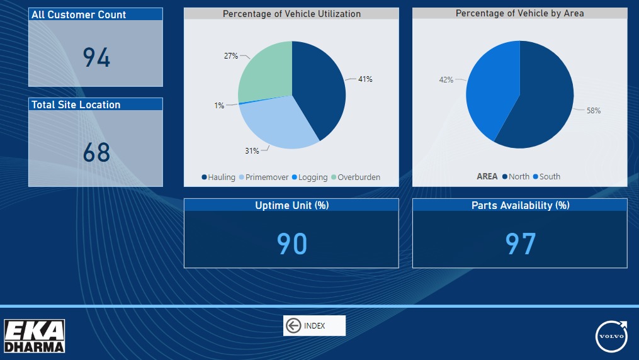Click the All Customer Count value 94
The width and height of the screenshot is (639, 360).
[x=96, y=57]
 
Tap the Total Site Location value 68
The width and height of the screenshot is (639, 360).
[x=96, y=152]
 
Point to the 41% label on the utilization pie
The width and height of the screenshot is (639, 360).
[x=365, y=79]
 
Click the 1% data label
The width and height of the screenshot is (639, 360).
[x=219, y=106]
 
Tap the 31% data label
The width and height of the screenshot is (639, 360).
[x=252, y=150]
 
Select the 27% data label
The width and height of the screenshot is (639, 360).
[x=230, y=56]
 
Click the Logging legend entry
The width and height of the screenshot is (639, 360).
[x=310, y=177]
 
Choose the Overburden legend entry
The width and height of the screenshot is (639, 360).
[x=356, y=177]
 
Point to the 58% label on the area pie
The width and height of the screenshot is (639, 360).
[x=593, y=110]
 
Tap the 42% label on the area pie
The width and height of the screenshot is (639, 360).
[x=446, y=80]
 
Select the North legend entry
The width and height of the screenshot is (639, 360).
[x=516, y=176]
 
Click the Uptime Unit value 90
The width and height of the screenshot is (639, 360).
[x=291, y=244]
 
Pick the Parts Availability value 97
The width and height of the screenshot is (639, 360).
[x=521, y=244]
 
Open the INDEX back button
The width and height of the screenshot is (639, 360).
[x=314, y=326]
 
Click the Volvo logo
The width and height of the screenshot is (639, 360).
[x=611, y=336]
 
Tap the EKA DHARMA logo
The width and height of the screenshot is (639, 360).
[x=34, y=336]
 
